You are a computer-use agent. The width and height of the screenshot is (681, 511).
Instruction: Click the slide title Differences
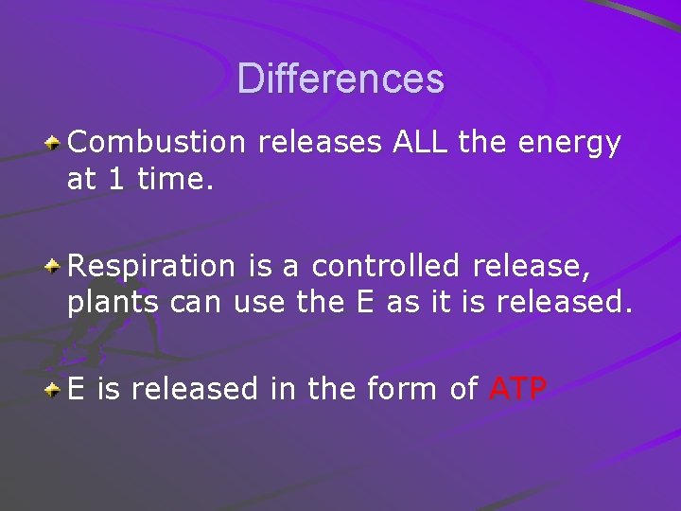coord(340,79)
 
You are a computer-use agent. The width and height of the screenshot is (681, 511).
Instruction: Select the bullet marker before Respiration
coord(55,267)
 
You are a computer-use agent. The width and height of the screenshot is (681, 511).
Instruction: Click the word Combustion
coord(156,143)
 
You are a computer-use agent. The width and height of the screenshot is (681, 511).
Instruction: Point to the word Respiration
coord(150,267)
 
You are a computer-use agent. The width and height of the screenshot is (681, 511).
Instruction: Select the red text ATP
coord(518,389)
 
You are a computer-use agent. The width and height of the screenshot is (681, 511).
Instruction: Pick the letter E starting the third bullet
coord(76,389)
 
